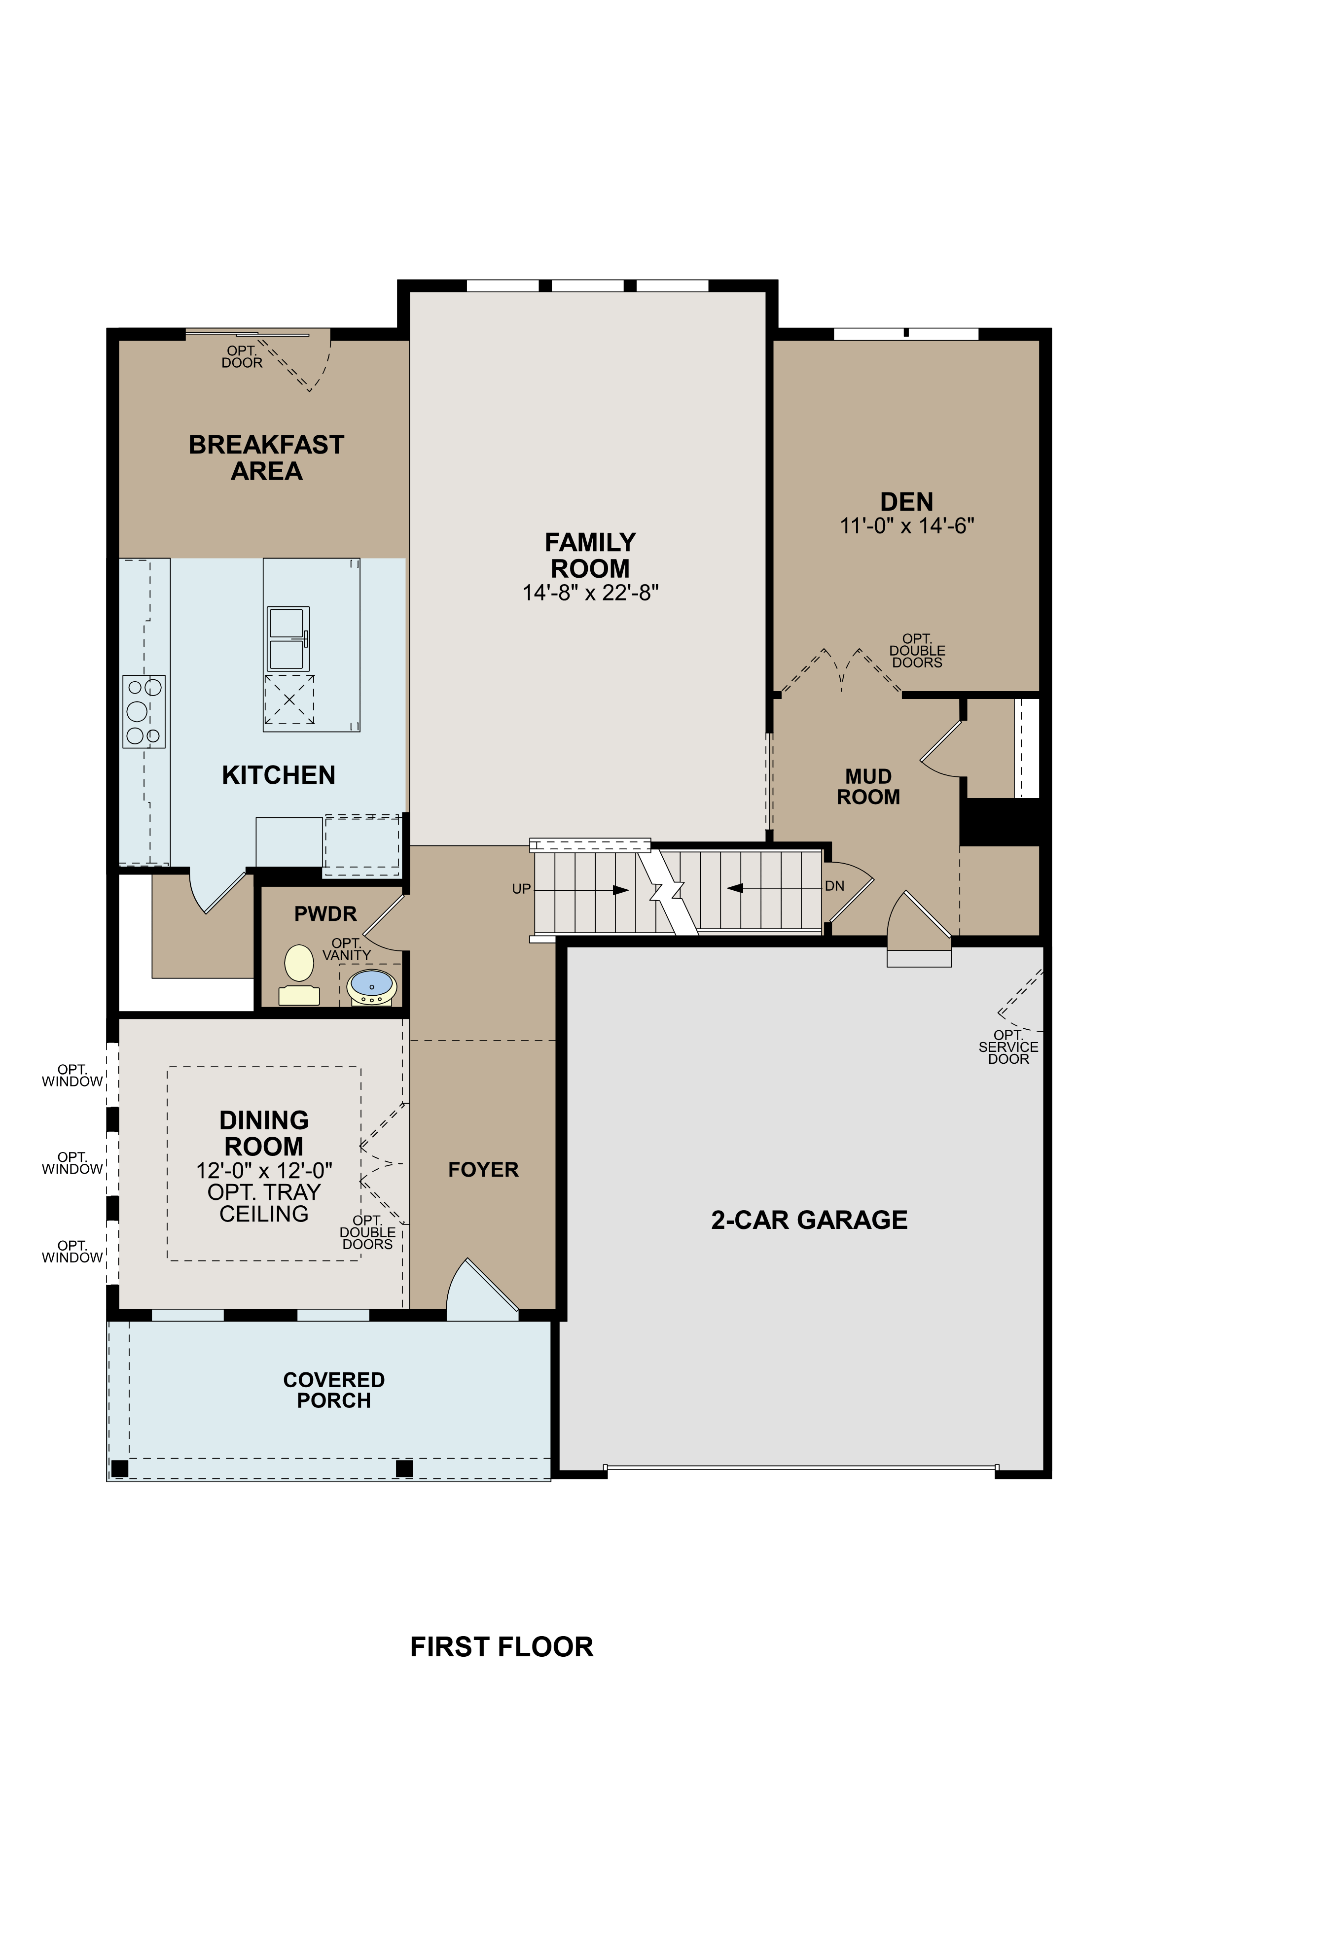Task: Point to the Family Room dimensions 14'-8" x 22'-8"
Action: pyautogui.click(x=590, y=593)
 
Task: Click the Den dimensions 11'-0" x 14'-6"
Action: pyautogui.click(x=906, y=526)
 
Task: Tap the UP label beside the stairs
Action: pyautogui.click(x=521, y=888)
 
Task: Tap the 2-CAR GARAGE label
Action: pyautogui.click(x=809, y=1220)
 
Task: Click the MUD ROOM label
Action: pyautogui.click(x=868, y=787)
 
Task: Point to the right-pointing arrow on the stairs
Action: pyautogui.click(x=621, y=890)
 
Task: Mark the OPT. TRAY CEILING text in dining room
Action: pyautogui.click(x=263, y=1203)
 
